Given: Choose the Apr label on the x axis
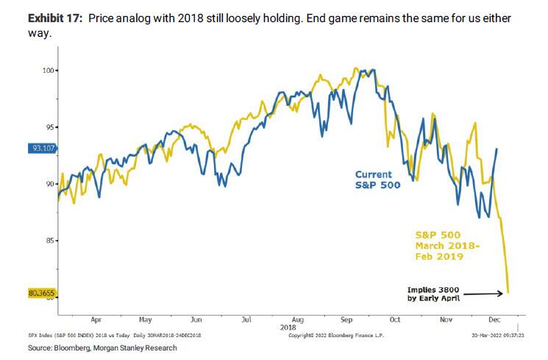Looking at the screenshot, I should pyautogui.click(x=96, y=321).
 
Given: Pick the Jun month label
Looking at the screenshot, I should pyautogui.click(x=196, y=321).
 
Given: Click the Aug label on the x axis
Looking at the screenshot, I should pyautogui.click(x=297, y=321).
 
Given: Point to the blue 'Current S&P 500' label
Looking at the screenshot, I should pyautogui.click(x=377, y=180).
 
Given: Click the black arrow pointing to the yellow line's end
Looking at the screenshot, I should pyautogui.click(x=488, y=293).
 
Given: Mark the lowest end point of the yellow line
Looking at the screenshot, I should pyautogui.click(x=509, y=293).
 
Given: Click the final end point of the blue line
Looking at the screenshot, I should pyautogui.click(x=498, y=149).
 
